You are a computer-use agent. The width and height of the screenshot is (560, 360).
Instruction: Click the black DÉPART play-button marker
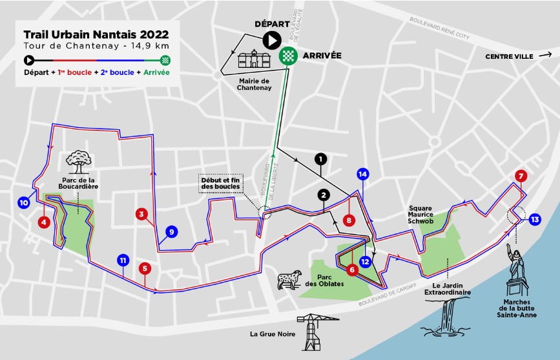click(271, 40)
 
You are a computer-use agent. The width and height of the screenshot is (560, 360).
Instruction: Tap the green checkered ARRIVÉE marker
click(287, 56)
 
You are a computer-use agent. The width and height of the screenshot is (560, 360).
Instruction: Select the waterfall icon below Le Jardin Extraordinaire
click(446, 316)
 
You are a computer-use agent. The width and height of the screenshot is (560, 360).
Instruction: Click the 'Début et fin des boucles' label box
click(220, 183)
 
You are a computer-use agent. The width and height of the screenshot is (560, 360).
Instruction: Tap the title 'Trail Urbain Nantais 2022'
click(96, 34)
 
